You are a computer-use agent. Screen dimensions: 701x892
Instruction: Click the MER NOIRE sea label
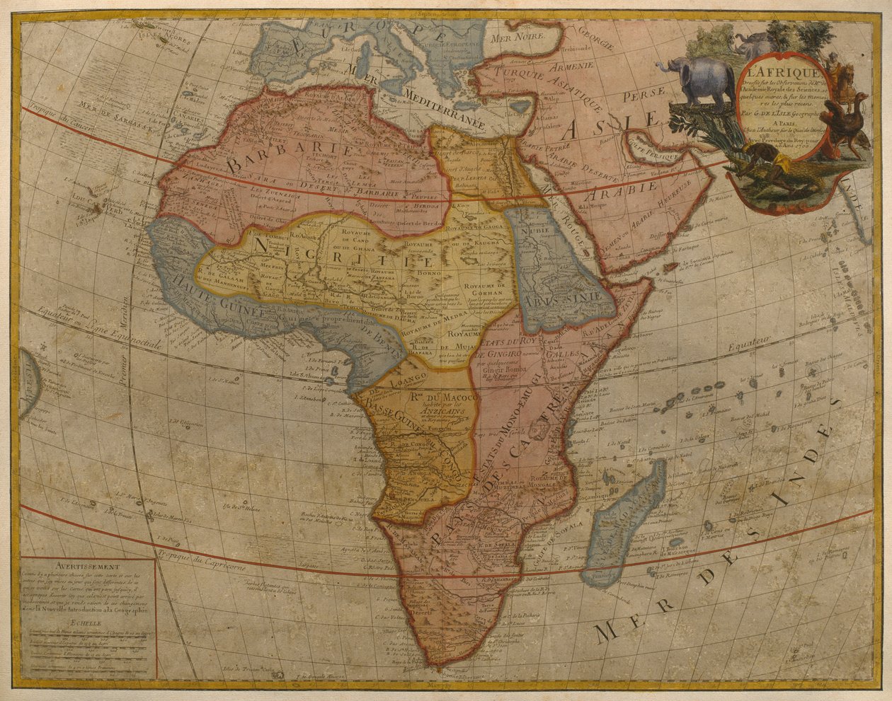pos(521,34)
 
